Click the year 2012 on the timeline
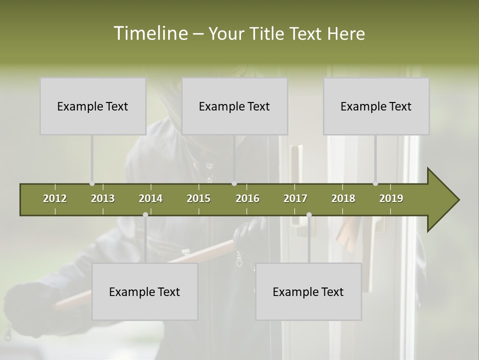pos(55,198)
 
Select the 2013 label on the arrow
pos(103,198)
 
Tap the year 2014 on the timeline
pos(151,198)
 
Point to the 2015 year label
pos(199,198)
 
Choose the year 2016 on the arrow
pos(247,198)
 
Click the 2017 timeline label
pos(295,198)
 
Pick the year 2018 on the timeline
pos(343,198)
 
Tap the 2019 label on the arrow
pos(391,198)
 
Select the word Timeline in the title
pos(150,33)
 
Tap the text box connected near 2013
pos(93,106)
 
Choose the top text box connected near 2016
pos(235,106)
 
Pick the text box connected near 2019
pos(376,106)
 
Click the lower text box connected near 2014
pos(145,291)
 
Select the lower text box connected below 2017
pos(308,291)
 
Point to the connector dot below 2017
pos(309,214)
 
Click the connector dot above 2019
pos(376,183)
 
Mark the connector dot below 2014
pos(145,214)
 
